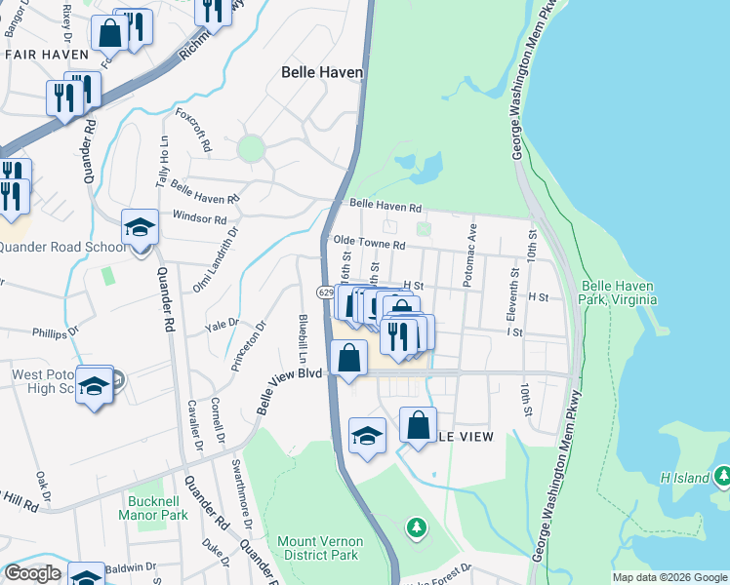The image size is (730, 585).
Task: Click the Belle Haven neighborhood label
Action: (322, 72)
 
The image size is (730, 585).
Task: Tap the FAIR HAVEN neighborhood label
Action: (41, 56)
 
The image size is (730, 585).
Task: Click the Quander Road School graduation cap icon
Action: (140, 229)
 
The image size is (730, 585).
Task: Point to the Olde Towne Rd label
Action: (369, 244)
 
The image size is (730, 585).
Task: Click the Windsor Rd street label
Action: (199, 217)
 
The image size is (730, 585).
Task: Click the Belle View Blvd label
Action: (290, 389)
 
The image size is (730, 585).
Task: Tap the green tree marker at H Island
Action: (722, 476)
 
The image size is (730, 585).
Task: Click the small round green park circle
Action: (251, 148)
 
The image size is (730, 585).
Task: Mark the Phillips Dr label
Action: (55, 333)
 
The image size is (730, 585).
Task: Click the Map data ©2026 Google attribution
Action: (669, 577)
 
